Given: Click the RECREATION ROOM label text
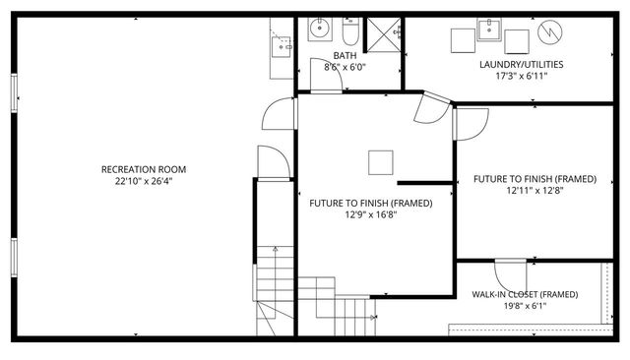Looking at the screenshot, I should click(x=144, y=169).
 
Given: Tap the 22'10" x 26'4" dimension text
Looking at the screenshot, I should click(x=144, y=180).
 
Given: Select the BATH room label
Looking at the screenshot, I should click(x=345, y=56).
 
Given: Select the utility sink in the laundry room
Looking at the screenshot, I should click(x=489, y=30).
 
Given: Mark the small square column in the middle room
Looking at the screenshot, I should click(x=381, y=161).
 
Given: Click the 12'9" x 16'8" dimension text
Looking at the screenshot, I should click(x=370, y=214).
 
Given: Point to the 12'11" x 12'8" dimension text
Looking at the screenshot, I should click(x=535, y=190).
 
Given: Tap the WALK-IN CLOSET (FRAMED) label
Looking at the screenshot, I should click(x=524, y=294).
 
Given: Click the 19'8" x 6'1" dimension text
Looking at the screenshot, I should click(x=523, y=306).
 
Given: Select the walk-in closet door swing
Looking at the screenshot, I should click(x=509, y=273).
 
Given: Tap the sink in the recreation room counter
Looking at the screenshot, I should click(x=283, y=44).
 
